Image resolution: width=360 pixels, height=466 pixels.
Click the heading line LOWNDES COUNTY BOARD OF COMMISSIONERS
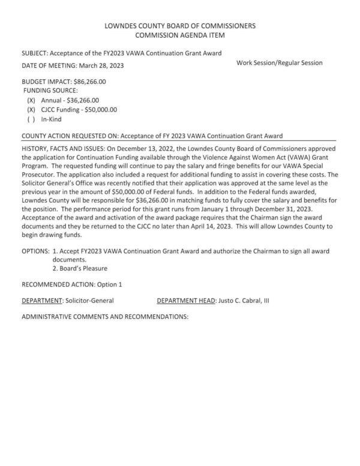click(180, 26)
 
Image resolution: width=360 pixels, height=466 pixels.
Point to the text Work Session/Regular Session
click(280, 62)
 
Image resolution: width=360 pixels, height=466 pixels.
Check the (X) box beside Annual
click(31, 100)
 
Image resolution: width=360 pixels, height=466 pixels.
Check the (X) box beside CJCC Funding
click(31, 110)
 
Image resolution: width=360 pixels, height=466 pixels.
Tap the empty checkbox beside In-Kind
click(31, 119)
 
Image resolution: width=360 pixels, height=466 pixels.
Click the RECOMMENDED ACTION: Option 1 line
click(71, 284)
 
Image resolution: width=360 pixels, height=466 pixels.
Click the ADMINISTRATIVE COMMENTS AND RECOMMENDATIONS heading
click(105, 316)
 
